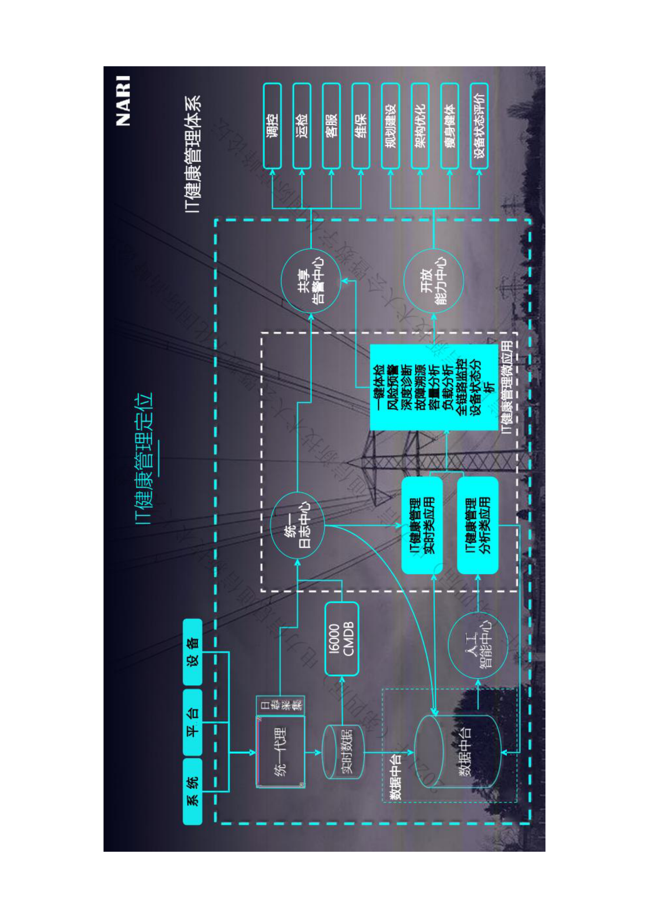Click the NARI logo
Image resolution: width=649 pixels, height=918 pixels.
pos(123,101)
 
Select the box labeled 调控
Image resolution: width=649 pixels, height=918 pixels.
pos(272,126)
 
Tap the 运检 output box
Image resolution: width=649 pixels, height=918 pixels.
pos(302,126)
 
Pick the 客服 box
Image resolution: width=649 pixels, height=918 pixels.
pos(331,126)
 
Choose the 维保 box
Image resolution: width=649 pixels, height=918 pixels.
pos(361,126)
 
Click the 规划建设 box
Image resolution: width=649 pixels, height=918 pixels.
pos(390,126)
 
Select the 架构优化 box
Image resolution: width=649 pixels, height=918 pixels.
pos(420,126)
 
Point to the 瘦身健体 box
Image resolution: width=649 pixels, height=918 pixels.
pos(450,126)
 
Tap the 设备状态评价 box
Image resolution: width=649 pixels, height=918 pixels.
pos(479,126)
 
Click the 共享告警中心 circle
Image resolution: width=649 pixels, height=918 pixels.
pos(311,281)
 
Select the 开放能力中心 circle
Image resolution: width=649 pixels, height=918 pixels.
pos(433,281)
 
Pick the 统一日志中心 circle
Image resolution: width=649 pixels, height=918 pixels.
pos(297,525)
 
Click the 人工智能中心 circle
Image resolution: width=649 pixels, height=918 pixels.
pos(478,646)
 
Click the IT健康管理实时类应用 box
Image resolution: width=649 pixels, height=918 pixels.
pos(422,525)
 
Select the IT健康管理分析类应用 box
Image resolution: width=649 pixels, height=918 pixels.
pos(478,525)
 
